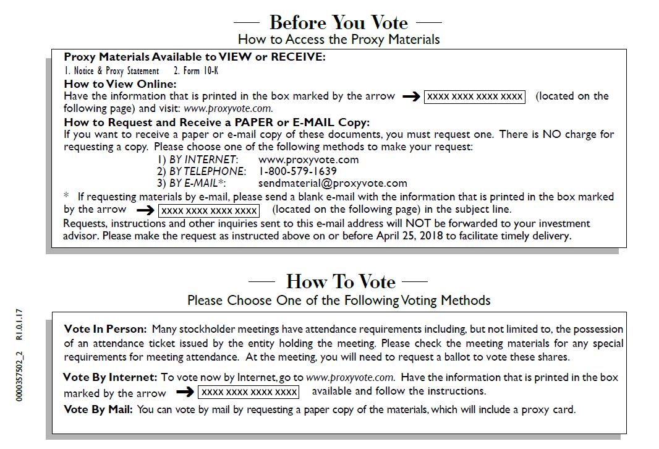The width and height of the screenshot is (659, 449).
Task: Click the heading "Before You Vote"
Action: point(338,23)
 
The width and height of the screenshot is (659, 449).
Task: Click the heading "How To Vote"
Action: point(341,281)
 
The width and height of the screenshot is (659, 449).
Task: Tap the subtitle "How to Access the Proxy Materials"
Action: point(339,40)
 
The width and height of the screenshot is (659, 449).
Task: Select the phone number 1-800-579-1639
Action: point(297,171)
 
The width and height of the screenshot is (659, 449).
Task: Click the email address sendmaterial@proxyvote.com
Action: point(333,183)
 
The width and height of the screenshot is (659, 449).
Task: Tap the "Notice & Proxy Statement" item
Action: point(112,71)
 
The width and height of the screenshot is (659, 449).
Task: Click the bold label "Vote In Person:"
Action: point(105,329)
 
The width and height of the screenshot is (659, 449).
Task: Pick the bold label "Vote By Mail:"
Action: point(98,409)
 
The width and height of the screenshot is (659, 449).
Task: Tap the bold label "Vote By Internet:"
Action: point(110,377)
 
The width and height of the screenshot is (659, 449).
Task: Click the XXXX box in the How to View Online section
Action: point(474,96)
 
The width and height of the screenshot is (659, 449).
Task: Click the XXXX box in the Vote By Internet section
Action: point(249,392)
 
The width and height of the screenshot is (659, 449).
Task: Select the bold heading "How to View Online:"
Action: point(120,84)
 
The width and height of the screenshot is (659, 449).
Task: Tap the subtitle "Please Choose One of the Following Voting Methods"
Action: point(339,301)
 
